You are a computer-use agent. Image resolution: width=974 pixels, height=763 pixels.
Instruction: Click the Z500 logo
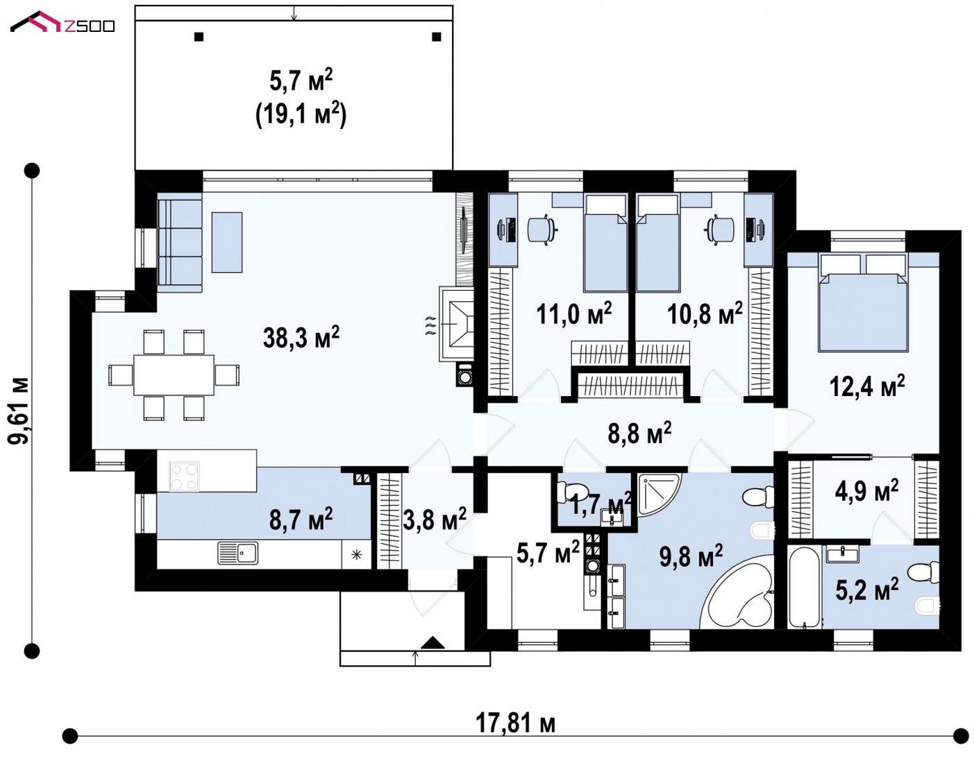pos(62,22)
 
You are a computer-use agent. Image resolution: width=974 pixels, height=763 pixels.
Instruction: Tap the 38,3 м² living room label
pos(301,337)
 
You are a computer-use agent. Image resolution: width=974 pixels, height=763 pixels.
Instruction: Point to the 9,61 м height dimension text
pos(19,411)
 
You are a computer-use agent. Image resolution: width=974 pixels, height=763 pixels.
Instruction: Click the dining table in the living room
pos(174,375)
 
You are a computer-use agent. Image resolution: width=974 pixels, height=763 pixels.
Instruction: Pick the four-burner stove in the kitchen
pos(184,477)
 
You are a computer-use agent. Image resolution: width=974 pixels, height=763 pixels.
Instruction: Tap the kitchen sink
pos(238,553)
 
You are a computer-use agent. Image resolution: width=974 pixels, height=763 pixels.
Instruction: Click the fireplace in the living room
pos(457,324)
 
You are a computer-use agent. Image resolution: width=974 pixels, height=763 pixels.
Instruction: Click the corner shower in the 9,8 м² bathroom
pos(656,492)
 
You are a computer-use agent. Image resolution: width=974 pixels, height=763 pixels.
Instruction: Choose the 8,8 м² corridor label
pos(639,433)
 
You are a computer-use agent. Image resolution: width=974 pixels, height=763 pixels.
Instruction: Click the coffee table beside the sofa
pos(227,242)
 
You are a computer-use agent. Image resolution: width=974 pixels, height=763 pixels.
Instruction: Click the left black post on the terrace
pos(199,37)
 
